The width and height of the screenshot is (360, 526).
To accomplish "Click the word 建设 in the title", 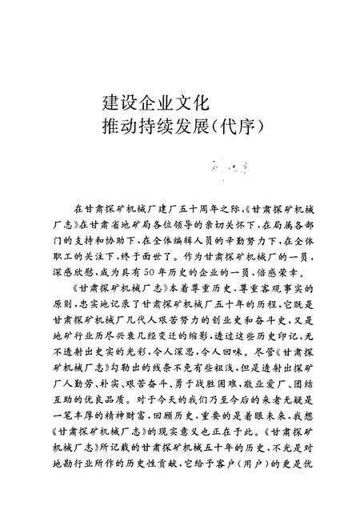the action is pos(118,104).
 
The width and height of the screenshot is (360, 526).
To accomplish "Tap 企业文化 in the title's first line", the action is pos(170,104).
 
